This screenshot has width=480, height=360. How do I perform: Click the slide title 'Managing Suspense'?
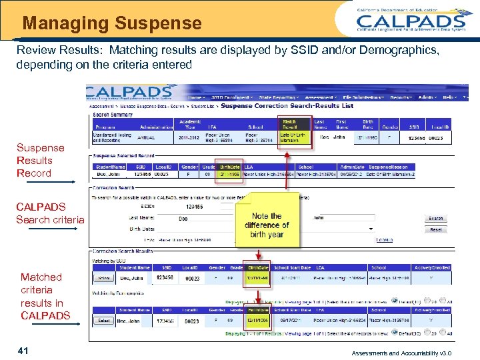pos(112,24)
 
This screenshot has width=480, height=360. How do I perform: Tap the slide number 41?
pos(23,350)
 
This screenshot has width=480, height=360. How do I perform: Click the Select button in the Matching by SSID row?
pos(103,279)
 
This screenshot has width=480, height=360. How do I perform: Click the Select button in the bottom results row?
pos(103,321)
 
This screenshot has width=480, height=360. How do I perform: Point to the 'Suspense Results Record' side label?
pos(40,161)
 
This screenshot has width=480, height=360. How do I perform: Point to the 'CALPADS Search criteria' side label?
pos(50,213)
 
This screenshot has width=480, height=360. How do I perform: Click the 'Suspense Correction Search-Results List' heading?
pos(287,105)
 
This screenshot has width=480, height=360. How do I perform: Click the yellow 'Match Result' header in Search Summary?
pos(290,125)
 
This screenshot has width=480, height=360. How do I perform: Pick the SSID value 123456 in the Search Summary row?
pos(417,137)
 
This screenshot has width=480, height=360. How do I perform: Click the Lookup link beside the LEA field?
pos(384,240)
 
